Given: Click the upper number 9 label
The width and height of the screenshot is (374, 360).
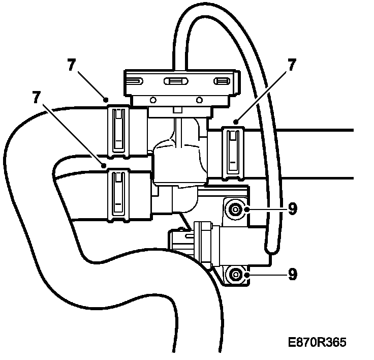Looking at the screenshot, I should (x=292, y=208).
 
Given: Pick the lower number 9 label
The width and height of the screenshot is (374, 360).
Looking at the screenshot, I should (x=292, y=275).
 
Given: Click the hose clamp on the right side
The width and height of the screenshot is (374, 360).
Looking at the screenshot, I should (x=234, y=151).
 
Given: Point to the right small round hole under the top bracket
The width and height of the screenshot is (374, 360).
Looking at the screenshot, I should (x=199, y=99).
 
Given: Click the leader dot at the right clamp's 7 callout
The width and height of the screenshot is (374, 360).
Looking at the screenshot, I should (x=236, y=122).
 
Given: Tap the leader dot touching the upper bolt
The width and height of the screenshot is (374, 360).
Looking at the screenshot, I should (x=246, y=208).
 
